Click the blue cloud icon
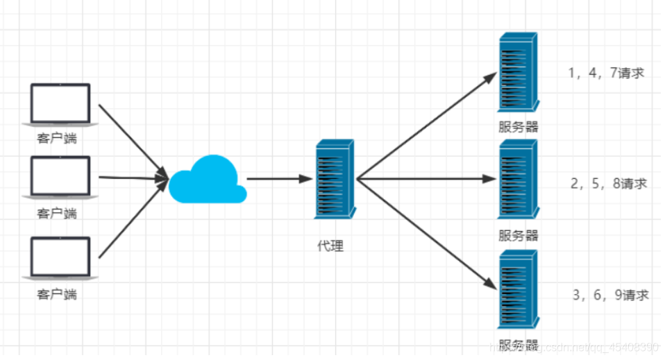[x=208, y=180]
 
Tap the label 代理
[x=330, y=246]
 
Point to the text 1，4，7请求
[x=606, y=73]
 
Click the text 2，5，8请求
[x=608, y=184]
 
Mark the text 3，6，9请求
[x=610, y=295]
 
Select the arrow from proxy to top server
[x=427, y=124]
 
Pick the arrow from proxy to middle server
[x=427, y=178]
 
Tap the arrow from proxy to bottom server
[x=427, y=232]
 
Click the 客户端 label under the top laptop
[x=57, y=139]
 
